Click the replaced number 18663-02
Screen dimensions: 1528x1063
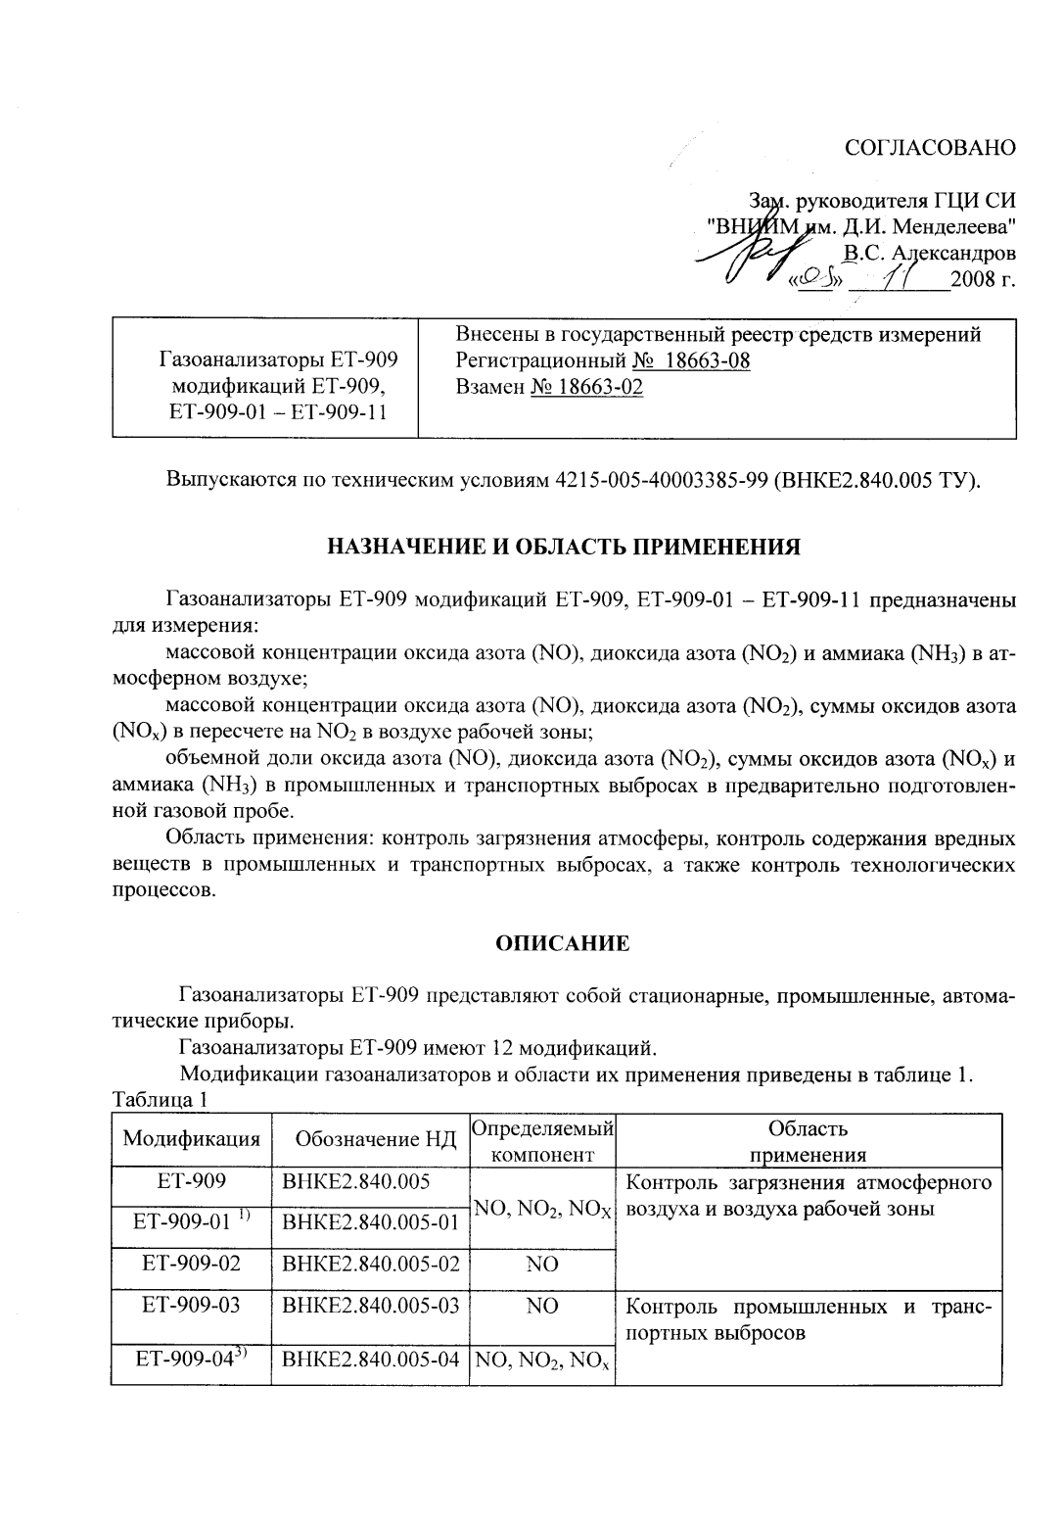pos(586,387)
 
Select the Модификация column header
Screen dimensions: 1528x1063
pos(191,1139)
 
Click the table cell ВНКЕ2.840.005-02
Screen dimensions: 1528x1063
pos(370,1264)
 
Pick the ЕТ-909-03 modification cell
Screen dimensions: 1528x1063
pos(191,1306)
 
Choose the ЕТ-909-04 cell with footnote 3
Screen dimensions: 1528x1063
pos(191,1359)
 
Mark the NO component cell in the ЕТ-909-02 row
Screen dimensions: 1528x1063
pos(542,1264)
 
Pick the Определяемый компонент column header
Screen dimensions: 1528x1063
pos(542,1140)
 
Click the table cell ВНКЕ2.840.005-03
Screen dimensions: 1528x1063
pos(370,1306)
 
